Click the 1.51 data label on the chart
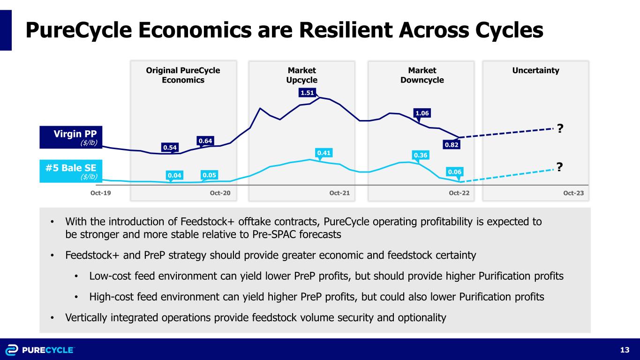click(307, 93)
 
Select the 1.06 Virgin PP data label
click(422, 113)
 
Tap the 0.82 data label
click(452, 145)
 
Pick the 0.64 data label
click(204, 141)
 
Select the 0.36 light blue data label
click(420, 155)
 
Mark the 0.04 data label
click(173, 175)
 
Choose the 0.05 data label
click(209, 175)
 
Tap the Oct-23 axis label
click(573, 192)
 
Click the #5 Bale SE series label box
click(71, 172)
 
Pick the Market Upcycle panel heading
click(301, 75)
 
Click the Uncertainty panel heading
click(535, 70)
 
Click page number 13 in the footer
click(624, 350)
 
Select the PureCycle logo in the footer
click(40, 350)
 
